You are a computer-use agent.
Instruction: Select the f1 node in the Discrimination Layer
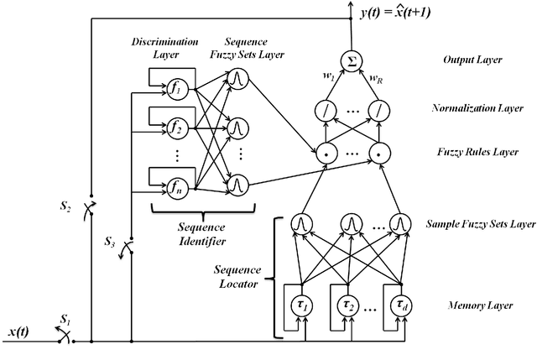coord(177,87)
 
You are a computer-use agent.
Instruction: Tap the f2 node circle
coord(177,128)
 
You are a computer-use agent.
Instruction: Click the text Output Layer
coord(472,60)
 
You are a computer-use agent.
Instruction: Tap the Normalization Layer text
coord(482,108)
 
